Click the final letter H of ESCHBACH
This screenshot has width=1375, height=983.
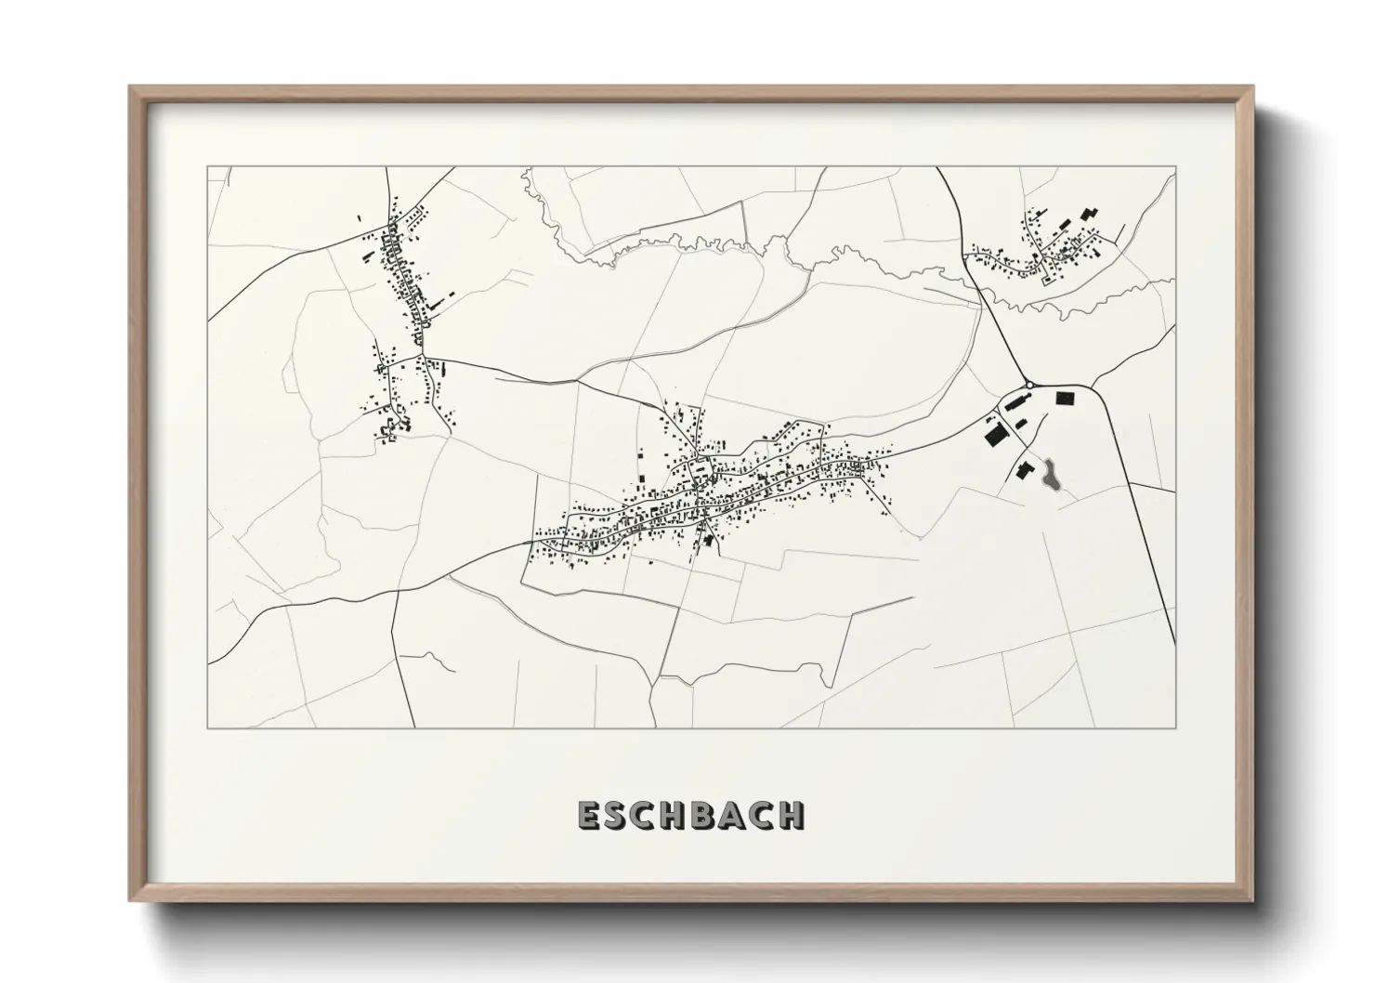[x=792, y=815]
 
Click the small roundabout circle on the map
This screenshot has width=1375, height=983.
[x=1029, y=385]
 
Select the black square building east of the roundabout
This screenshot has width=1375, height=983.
[x=1065, y=399]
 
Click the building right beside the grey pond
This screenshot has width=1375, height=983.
[x=1025, y=470]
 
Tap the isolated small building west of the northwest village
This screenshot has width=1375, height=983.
[x=359, y=218]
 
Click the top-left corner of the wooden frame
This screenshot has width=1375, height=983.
[x=131, y=87]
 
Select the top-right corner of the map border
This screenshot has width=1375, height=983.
[x=1175, y=167]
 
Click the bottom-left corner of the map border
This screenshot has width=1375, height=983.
[x=207, y=727]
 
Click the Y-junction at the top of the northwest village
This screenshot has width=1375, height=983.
[x=390, y=223]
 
